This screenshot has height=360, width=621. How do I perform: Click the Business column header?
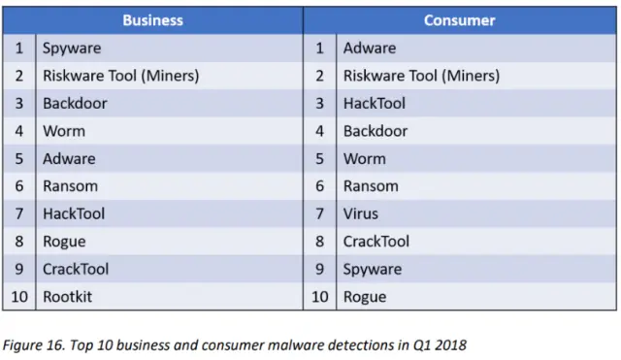(x=153, y=19)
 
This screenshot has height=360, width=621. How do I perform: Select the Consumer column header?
(x=460, y=19)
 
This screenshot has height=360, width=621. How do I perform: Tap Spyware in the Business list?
(x=72, y=48)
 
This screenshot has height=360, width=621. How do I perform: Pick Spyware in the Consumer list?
(x=372, y=269)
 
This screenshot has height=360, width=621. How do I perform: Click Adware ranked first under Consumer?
(x=370, y=48)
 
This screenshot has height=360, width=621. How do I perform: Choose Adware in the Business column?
(x=69, y=158)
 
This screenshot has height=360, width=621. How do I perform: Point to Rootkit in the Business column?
(x=67, y=297)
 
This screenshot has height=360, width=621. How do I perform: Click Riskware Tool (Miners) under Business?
(x=120, y=76)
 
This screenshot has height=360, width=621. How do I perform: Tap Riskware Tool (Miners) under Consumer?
(x=421, y=76)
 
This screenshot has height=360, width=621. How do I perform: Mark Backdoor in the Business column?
(x=75, y=103)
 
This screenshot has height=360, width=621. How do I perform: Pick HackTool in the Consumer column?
(x=375, y=103)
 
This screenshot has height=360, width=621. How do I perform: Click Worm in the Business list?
(x=64, y=131)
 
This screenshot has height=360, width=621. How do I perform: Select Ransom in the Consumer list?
(x=371, y=186)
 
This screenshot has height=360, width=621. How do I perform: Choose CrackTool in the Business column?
(x=76, y=269)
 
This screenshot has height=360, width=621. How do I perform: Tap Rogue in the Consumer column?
(x=365, y=297)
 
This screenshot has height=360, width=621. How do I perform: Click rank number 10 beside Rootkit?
(x=18, y=297)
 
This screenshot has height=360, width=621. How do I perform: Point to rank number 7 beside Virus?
(x=319, y=213)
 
